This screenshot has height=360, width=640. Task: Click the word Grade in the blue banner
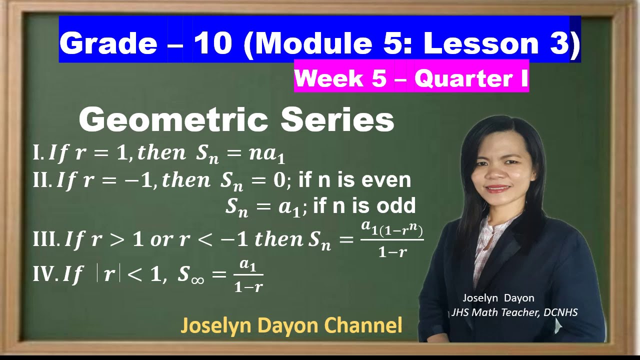click(x=108, y=43)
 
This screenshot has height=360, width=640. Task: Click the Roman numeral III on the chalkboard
click(x=46, y=240)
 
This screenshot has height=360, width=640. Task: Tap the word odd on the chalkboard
click(x=397, y=205)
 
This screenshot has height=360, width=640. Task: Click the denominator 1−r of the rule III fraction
click(x=392, y=252)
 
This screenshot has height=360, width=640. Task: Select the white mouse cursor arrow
click(x=558, y=325)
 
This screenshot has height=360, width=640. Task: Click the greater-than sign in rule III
click(x=116, y=240)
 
